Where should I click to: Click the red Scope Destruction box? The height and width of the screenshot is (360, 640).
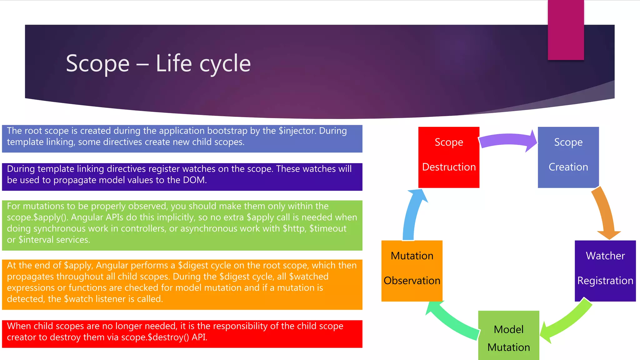pyautogui.click(x=449, y=157)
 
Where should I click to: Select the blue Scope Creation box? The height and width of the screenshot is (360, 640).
pyautogui.click(x=568, y=157)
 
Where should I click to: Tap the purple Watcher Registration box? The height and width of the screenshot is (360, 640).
pyautogui.click(x=605, y=271)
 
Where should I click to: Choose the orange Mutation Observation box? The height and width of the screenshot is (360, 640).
pyautogui.click(x=412, y=271)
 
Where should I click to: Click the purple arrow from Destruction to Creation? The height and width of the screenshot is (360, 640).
pyautogui.click(x=508, y=141)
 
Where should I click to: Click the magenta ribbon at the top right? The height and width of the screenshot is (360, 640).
pyautogui.click(x=566, y=30)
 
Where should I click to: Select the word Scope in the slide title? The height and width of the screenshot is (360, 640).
pyautogui.click(x=97, y=63)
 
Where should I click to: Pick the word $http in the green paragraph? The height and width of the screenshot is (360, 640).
pyautogui.click(x=293, y=228)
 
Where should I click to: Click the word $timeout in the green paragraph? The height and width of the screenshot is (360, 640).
pyautogui.click(x=328, y=228)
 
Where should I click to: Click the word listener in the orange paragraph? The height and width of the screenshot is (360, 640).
pyautogui.click(x=111, y=299)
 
